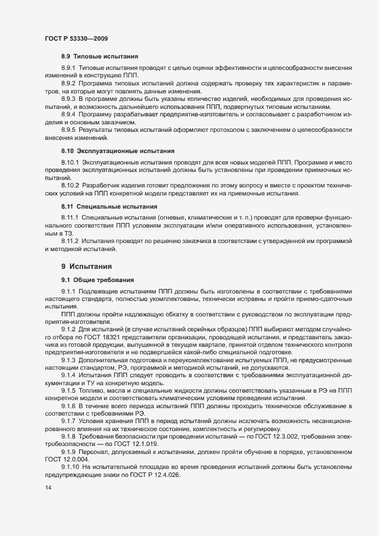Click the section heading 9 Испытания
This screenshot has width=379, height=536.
tap(86, 267)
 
